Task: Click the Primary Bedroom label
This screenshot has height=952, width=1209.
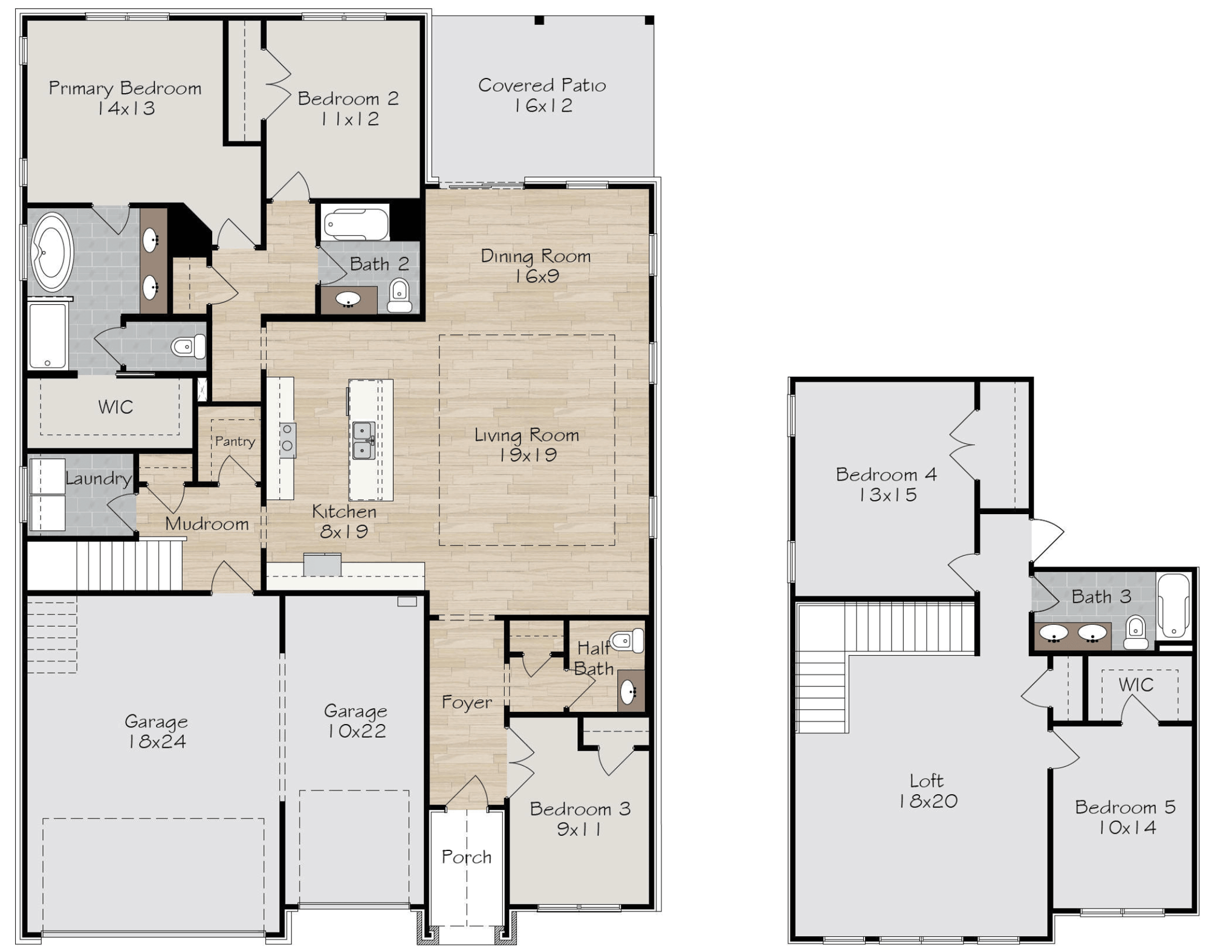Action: [125, 88]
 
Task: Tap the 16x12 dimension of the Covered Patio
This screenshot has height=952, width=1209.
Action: [543, 106]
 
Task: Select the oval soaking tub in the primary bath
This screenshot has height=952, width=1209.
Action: [52, 252]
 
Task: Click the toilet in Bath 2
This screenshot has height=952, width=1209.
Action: [399, 295]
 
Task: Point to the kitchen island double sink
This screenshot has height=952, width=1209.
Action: [363, 440]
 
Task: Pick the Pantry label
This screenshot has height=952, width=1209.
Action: [235, 442]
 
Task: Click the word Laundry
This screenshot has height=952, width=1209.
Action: [99, 479]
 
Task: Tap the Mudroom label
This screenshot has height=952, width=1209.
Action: [207, 524]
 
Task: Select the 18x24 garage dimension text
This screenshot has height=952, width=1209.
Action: [157, 742]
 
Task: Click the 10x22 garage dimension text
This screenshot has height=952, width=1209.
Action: [356, 731]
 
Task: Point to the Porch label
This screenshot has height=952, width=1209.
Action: [466, 857]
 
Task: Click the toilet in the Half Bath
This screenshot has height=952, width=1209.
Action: [627, 641]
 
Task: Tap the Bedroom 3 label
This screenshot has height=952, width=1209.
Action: [580, 809]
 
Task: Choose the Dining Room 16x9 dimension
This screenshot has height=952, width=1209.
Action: [537, 276]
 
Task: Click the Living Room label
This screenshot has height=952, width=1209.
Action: [527, 435]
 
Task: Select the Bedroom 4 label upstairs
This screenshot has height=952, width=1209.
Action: [886, 475]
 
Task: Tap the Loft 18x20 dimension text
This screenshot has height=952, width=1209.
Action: [928, 801]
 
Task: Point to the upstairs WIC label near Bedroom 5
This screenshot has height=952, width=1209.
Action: [1136, 685]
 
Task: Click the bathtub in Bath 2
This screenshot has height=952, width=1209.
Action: [355, 224]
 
